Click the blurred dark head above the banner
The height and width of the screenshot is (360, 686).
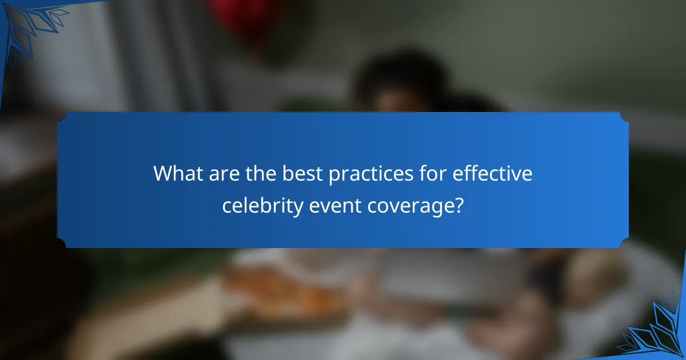[x=400, y=80]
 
